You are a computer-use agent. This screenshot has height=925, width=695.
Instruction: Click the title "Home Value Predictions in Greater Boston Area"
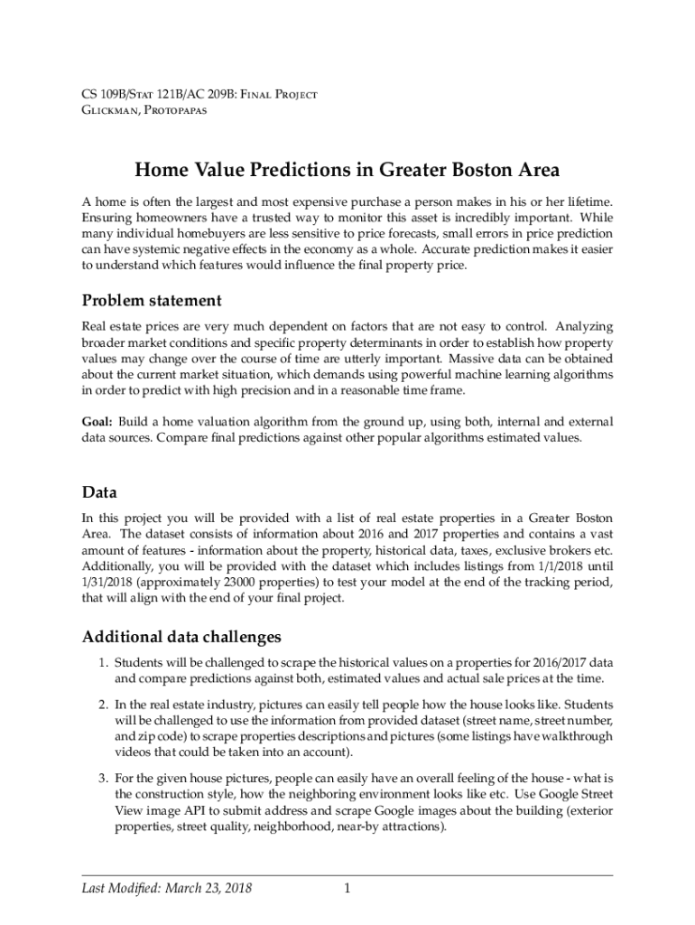point(347,170)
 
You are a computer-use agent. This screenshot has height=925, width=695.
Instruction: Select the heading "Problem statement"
point(152,300)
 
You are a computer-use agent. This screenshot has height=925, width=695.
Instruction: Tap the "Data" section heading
point(99,492)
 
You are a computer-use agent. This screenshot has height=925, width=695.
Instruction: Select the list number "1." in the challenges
point(105,665)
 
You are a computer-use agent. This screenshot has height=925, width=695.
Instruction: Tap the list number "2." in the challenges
point(105,703)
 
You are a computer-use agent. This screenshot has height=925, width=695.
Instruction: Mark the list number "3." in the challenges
point(105,778)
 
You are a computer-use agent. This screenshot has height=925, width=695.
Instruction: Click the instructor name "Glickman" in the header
point(109,110)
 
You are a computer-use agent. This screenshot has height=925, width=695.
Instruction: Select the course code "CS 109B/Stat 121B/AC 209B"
point(151,94)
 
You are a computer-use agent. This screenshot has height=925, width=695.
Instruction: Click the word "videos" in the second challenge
point(134,752)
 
